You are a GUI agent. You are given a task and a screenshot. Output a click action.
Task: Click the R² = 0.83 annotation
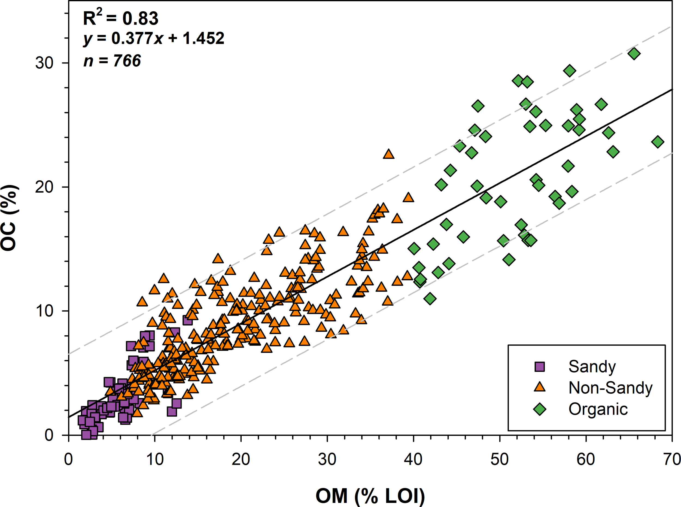tap(121, 19)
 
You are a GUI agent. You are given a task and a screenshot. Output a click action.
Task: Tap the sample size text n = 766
tap(112, 60)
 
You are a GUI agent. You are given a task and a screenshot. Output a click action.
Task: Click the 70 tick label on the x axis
tap(672, 459)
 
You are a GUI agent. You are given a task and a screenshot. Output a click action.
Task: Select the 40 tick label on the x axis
tap(414, 459)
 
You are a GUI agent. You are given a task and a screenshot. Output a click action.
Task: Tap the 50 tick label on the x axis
tap(500, 459)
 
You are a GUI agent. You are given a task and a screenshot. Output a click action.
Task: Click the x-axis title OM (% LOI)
tap(370, 496)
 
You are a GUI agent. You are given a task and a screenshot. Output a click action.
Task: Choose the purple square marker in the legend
tap(539, 366)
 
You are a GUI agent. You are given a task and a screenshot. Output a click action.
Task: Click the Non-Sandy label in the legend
tap(610, 388)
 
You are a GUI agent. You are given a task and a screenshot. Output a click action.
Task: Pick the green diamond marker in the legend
tap(539, 409)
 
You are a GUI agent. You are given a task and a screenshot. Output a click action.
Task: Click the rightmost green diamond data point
tap(658, 142)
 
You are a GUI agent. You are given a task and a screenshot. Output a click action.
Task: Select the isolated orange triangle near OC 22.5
tap(388, 154)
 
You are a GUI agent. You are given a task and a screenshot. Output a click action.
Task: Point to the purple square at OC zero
tap(86, 434)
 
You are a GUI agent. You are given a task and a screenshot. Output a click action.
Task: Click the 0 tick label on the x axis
tap(68, 459)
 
